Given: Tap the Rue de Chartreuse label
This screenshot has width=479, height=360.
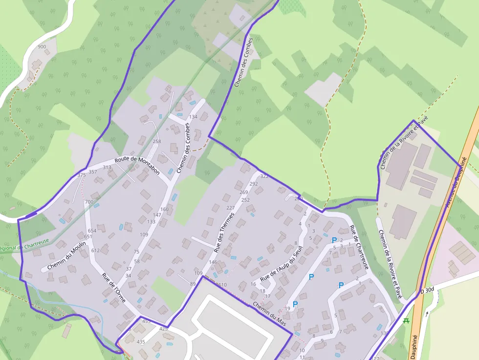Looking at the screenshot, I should pyautogui.click(x=359, y=247).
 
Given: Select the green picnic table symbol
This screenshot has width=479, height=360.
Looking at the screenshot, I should pyautogui.click(x=406, y=320).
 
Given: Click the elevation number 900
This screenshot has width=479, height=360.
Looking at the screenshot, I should pyautogui.click(x=42, y=47).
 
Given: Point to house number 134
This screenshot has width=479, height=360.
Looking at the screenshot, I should pyautogui.click(x=193, y=117).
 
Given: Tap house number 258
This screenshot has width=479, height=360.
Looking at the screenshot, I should pyautogui.click(x=156, y=142).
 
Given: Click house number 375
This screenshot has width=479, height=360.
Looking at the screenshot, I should pyautogui.click(x=81, y=175).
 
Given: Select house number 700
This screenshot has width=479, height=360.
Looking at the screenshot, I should pyautogui.click(x=89, y=202).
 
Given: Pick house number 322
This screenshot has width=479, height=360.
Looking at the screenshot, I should pyautogui.click(x=264, y=176).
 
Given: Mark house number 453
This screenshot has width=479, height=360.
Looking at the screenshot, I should pyautogui.click(x=146, y=321).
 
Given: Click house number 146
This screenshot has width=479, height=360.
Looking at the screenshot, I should pyautogui.click(x=213, y=262).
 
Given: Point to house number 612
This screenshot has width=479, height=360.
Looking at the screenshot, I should pyautogui.click(x=95, y=251).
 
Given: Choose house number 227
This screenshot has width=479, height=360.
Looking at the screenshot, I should pyautogui.click(x=231, y=208).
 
